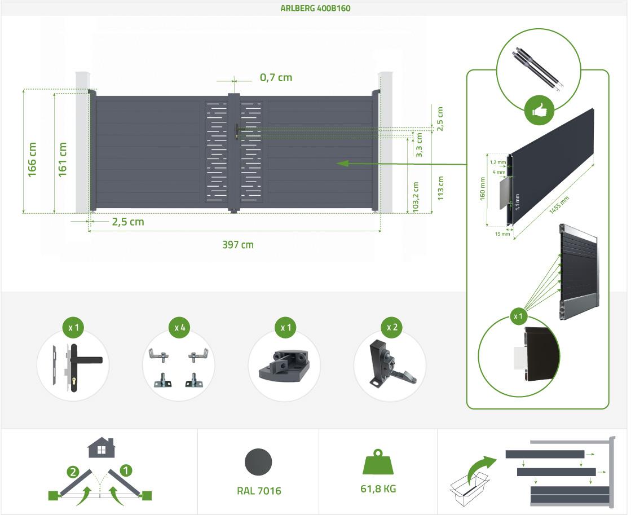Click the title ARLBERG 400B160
coord(315,8)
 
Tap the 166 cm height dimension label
coord(32,160)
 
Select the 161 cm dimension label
coord(63,160)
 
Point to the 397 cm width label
coord(238,245)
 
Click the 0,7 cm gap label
coord(276,77)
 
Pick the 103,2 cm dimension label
coord(416,197)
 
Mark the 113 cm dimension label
coord(440,188)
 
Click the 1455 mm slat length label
coord(559,205)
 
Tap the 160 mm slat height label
coord(483,189)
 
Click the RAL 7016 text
coord(259,491)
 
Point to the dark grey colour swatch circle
coord(258,462)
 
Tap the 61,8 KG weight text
coord(378,489)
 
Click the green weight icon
coord(378,462)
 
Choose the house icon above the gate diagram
coord(101,447)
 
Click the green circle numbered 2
coord(73,472)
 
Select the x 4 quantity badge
coord(179,328)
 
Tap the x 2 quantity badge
coord(391,327)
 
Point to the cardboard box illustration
coord(469,488)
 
